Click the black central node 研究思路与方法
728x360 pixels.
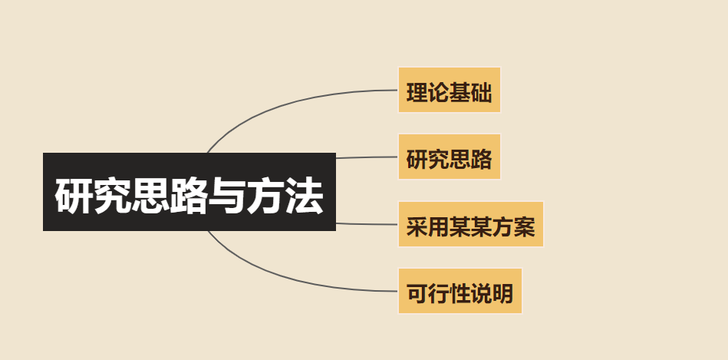[189, 192]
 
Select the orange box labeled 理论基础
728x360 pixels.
[449, 90]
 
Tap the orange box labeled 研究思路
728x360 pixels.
[449, 157]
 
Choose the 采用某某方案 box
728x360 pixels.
[470, 224]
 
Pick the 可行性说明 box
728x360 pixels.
[460, 291]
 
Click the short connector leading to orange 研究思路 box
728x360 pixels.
[367, 157]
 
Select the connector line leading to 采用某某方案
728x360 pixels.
[367, 224]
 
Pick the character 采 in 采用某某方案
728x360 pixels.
[417, 227]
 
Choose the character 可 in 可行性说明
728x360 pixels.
[417, 294]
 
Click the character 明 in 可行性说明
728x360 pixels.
[502, 294]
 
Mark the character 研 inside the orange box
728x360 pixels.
[417, 160]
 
